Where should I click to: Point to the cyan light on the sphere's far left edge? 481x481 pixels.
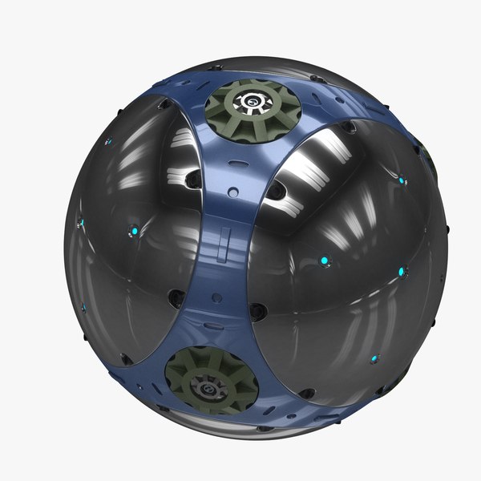point(79,221)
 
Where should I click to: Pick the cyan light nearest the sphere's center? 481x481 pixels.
point(324,260)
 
